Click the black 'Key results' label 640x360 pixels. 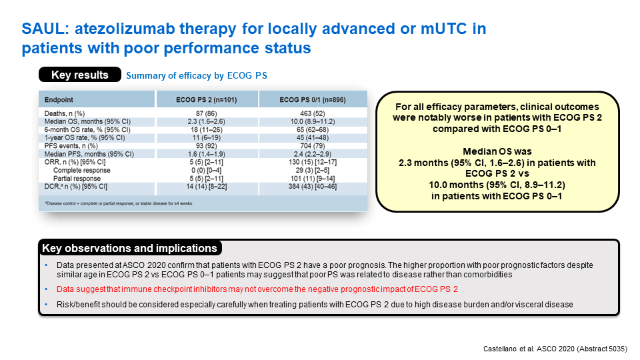80,75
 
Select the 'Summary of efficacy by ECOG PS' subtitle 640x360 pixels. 196,75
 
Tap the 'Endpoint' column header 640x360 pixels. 59,100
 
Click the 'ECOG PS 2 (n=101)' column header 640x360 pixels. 207,100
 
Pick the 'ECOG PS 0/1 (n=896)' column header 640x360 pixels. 313,100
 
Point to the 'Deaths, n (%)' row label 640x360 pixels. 65,113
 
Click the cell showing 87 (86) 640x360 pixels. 207,113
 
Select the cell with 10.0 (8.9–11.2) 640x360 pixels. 313,121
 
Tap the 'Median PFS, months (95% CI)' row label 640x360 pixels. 89,154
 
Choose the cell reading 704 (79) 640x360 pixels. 313,146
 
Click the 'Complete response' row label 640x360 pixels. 81,170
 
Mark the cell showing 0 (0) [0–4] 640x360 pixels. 207,170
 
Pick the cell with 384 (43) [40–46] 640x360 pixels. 313,187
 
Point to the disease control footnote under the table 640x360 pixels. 119,203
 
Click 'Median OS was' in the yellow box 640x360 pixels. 497,151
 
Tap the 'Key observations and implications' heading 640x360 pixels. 130,248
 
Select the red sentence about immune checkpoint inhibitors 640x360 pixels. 257,289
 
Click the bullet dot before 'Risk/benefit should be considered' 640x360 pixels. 46,305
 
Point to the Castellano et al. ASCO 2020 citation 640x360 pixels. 555,349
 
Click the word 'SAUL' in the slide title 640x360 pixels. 45,29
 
